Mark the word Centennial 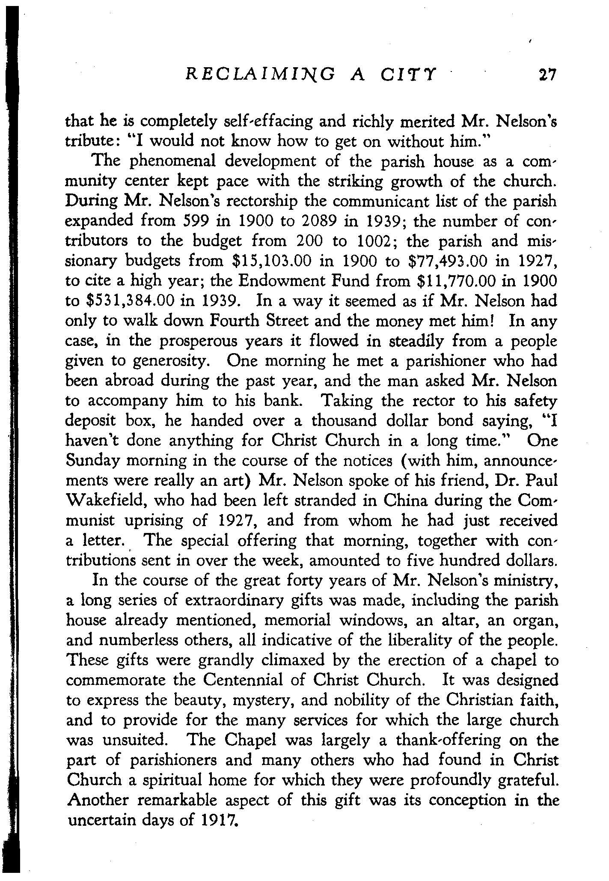point(253,680)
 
